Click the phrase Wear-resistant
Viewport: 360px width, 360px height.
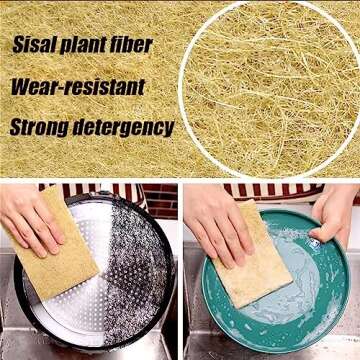coord(77,86)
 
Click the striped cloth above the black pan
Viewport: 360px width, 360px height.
coord(110,189)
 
